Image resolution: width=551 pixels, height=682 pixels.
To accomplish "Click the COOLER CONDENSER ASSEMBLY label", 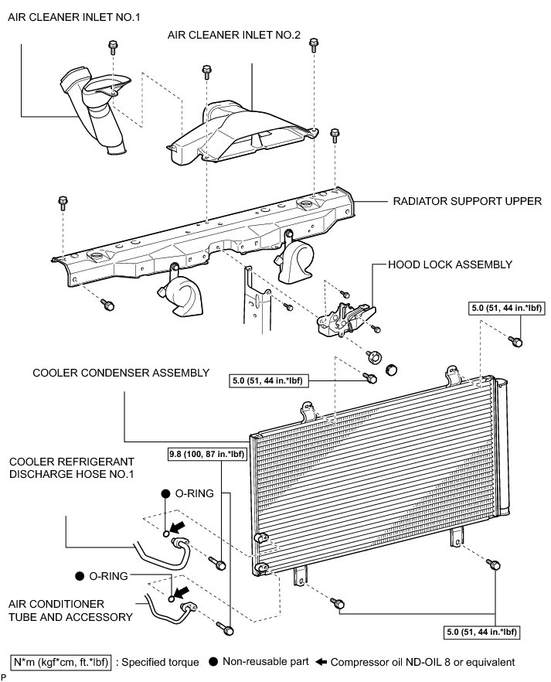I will click(x=121, y=373).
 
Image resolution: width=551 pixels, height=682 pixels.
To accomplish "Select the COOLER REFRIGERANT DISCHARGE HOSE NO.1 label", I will click(x=71, y=466).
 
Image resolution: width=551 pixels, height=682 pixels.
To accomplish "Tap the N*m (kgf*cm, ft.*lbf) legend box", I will click(x=60, y=662).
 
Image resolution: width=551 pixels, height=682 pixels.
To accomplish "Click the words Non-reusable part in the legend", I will click(x=266, y=662).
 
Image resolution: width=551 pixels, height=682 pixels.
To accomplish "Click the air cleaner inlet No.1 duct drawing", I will click(x=97, y=108).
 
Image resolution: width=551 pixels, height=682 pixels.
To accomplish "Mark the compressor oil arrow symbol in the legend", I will click(x=322, y=662).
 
